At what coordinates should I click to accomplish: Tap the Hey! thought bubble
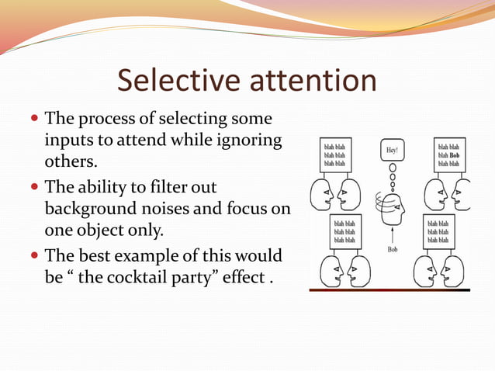392,149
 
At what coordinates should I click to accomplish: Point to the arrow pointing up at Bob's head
393,233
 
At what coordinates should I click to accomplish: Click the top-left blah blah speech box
334,154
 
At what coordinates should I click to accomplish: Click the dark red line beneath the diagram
389,290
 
